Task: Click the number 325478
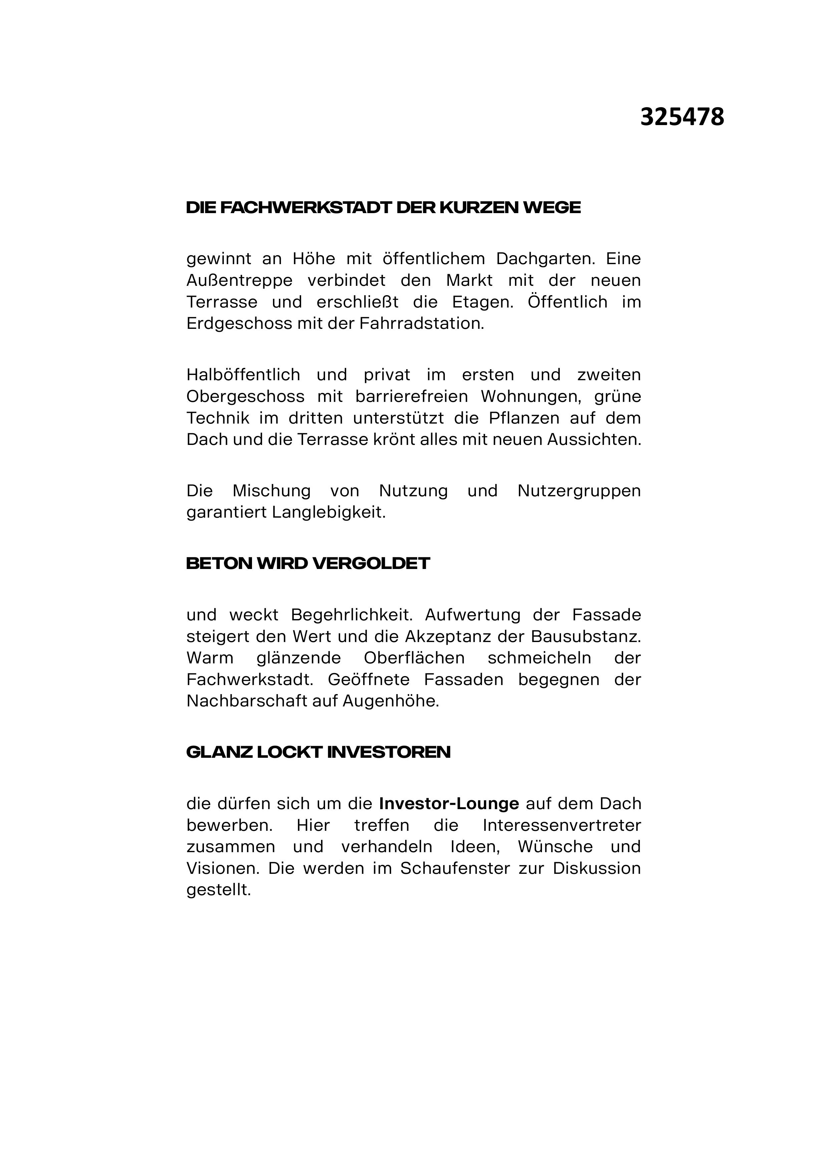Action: (682, 118)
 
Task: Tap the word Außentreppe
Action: (240, 281)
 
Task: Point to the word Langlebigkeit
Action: (328, 512)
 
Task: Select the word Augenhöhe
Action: (390, 701)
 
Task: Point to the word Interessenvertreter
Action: (561, 825)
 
